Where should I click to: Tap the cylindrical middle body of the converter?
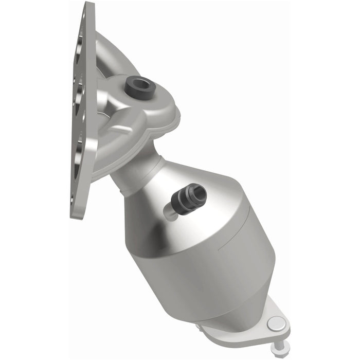(206, 242)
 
